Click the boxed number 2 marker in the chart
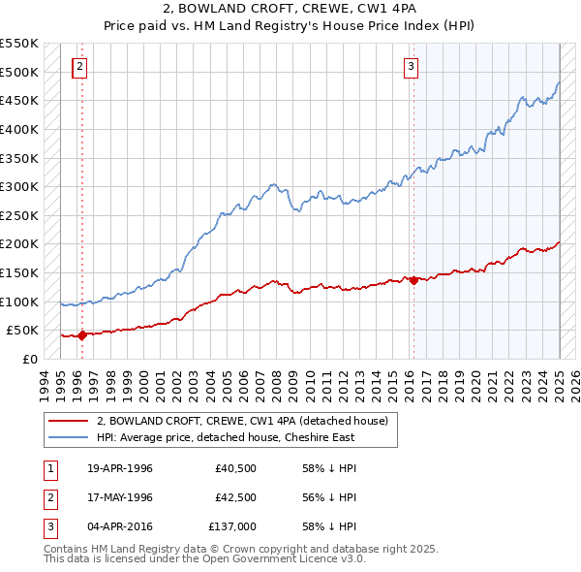[x=79, y=67]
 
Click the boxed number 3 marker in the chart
[x=411, y=67]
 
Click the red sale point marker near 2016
[x=413, y=280]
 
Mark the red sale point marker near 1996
[x=81, y=335]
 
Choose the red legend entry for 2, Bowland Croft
[x=242, y=421]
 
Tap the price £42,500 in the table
[x=235, y=497]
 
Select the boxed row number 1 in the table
[x=50, y=468]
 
